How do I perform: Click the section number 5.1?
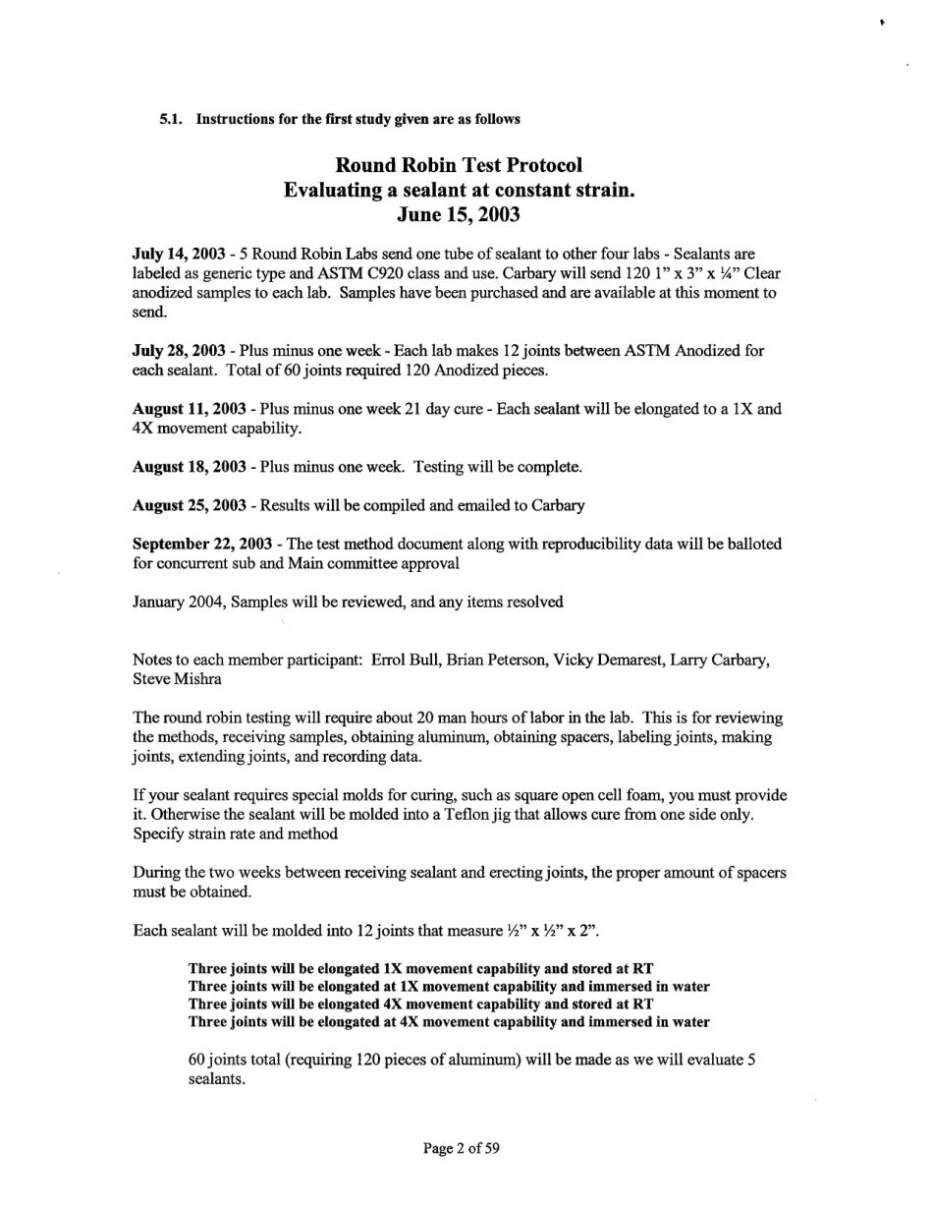(173, 119)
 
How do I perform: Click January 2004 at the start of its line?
(172, 602)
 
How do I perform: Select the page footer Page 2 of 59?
(462, 1147)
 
